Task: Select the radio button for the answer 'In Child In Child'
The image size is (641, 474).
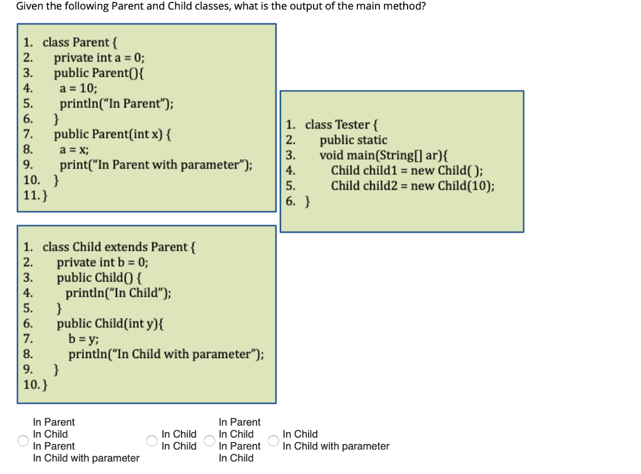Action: point(152,440)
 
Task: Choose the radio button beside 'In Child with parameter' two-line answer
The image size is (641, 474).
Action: point(274,440)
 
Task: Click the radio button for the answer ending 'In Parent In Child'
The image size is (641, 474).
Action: point(209,440)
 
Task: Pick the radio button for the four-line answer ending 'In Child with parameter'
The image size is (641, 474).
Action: point(23,440)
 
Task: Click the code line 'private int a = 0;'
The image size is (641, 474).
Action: point(99,58)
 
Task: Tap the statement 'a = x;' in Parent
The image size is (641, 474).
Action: point(74,150)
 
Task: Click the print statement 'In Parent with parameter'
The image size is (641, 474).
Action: point(156,165)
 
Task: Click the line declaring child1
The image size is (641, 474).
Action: point(407,170)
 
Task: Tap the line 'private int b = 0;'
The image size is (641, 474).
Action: point(103,262)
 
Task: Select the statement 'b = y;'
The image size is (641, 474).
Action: point(83,339)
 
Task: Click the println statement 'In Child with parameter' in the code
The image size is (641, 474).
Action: point(166,354)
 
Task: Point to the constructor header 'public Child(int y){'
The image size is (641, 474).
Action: point(111,324)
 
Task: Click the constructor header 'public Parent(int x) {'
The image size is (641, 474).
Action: point(114,135)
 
